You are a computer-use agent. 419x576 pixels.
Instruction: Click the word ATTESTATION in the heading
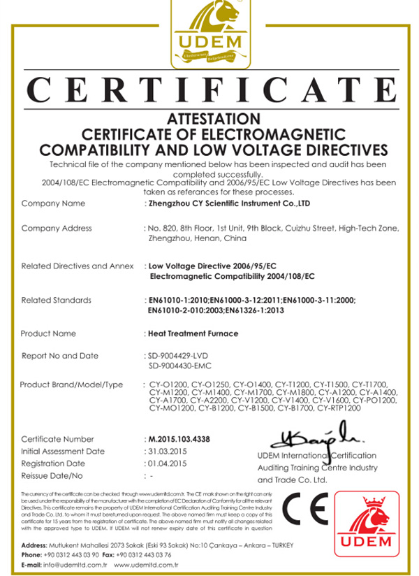click(x=214, y=120)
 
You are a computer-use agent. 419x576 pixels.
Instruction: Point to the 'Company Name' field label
click(x=53, y=203)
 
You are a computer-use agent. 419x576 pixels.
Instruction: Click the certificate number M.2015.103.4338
click(x=179, y=439)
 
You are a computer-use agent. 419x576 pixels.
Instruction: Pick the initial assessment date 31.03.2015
click(x=168, y=452)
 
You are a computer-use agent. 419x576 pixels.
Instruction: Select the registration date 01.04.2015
click(x=168, y=463)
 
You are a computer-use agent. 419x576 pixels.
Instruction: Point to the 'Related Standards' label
click(x=57, y=300)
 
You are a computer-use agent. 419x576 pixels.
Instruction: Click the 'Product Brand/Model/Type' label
click(x=71, y=384)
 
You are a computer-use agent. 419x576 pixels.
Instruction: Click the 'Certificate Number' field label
click(x=57, y=439)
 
